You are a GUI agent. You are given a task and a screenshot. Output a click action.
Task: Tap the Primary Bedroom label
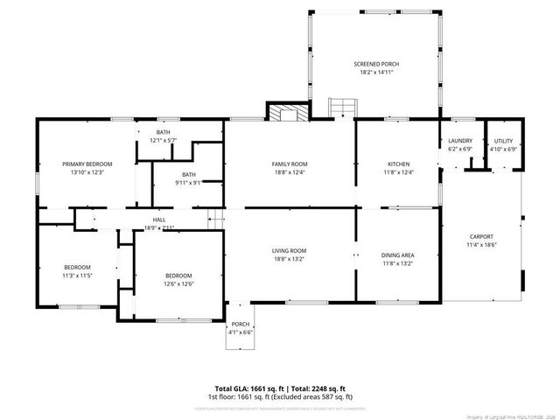pyautogui.click(x=87, y=164)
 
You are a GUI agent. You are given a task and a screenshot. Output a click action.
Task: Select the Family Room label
pyautogui.click(x=289, y=164)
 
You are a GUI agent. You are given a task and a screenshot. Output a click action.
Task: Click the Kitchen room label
pyautogui.click(x=399, y=164)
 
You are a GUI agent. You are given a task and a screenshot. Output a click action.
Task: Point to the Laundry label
pyautogui.click(x=460, y=141)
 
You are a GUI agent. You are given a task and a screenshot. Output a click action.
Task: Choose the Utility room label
pyautogui.click(x=503, y=141)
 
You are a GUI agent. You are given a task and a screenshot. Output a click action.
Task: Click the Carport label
pyautogui.click(x=480, y=236)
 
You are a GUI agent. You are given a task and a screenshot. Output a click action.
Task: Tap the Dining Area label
pyautogui.click(x=398, y=255)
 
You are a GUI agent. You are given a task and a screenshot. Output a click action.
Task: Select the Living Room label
pyautogui.click(x=289, y=250)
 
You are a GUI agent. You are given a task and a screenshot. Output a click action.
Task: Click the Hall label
pyautogui.click(x=159, y=220)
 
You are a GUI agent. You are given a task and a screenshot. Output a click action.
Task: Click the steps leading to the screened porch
pyautogui.click(x=341, y=108)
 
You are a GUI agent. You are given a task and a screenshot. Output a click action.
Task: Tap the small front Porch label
pyautogui.click(x=240, y=325)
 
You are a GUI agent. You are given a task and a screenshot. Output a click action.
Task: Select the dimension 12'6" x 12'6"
pyautogui.click(x=178, y=283)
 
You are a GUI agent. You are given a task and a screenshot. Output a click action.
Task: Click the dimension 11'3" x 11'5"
pyautogui.click(x=77, y=276)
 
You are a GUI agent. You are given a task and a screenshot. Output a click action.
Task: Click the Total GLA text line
pyautogui.click(x=280, y=388)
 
